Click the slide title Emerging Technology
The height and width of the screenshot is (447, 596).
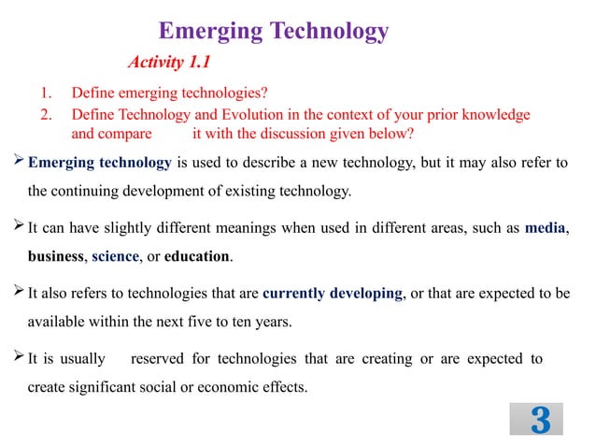coord(273,31)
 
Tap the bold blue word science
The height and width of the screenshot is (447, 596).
coord(115,255)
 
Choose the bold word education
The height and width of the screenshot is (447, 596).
coord(197,255)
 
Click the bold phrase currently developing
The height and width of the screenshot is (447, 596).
coord(333,293)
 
